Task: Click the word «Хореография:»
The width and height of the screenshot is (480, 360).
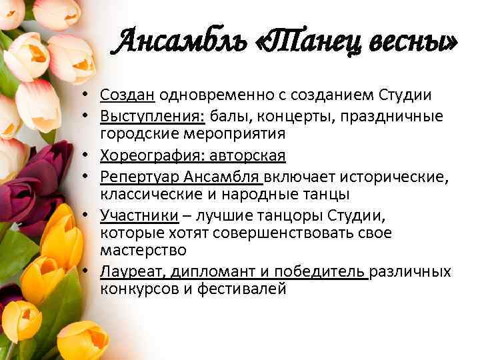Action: pyautogui.click(x=153, y=156)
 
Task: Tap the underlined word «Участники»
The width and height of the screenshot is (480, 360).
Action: pyautogui.click(x=139, y=215)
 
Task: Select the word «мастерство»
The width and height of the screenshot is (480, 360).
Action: pyautogui.click(x=143, y=251)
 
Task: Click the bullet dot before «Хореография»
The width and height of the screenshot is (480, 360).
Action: pyautogui.click(x=90, y=157)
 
